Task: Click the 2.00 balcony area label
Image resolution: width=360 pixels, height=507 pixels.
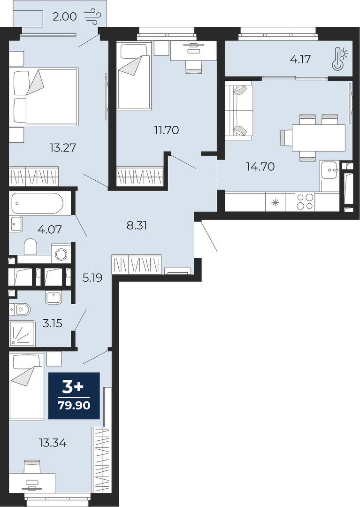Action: pyautogui.click(x=65, y=16)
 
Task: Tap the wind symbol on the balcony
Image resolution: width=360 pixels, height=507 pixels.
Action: pyautogui.click(x=93, y=15)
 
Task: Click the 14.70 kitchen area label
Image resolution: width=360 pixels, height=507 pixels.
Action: pyautogui.click(x=260, y=167)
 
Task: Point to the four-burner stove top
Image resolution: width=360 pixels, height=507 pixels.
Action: pyautogui.click(x=305, y=202)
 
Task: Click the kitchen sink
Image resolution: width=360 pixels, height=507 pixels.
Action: pyautogui.click(x=329, y=170)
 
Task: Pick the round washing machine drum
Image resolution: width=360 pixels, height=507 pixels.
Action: pyautogui.click(x=61, y=254)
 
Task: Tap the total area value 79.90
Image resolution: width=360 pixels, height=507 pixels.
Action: pyautogui.click(x=74, y=406)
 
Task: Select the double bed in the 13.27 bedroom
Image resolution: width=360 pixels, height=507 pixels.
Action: pyautogui.click(x=44, y=96)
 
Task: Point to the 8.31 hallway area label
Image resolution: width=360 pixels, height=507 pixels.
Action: pyautogui.click(x=137, y=225)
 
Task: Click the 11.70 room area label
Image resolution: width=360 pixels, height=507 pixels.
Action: pyautogui.click(x=167, y=130)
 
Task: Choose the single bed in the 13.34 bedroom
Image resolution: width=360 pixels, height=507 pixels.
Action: pyautogui.click(x=26, y=387)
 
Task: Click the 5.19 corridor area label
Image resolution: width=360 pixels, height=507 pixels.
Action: pyautogui.click(x=92, y=277)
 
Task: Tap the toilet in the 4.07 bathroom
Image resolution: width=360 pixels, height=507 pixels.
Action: pyautogui.click(x=31, y=247)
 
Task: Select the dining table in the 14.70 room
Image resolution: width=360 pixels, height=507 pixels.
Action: pyautogui.click(x=318, y=138)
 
